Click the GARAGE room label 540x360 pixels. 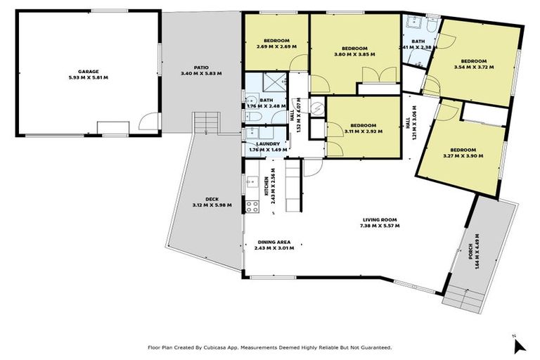88,71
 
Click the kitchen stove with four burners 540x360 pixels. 252,206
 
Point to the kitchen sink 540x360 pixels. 251,182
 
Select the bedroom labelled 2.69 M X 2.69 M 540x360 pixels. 276,46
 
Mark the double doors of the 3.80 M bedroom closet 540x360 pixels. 372,75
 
